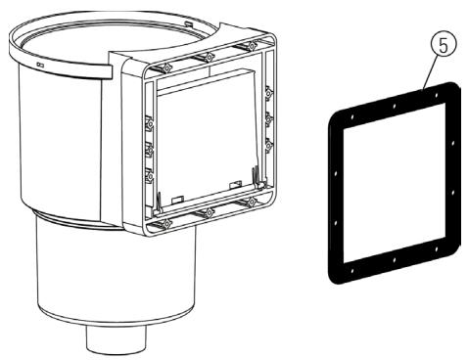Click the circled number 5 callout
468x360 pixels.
(443, 45)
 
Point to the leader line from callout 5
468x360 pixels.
(429, 72)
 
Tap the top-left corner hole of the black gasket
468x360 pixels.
(352, 116)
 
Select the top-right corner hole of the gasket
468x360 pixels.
(436, 95)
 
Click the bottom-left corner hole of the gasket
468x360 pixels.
(352, 270)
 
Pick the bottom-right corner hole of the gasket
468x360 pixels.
(437, 249)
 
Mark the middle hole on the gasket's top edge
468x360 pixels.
(395, 106)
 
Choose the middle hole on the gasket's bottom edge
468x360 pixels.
(395, 260)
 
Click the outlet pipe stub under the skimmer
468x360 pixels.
(116, 339)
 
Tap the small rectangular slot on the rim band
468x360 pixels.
(40, 65)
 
